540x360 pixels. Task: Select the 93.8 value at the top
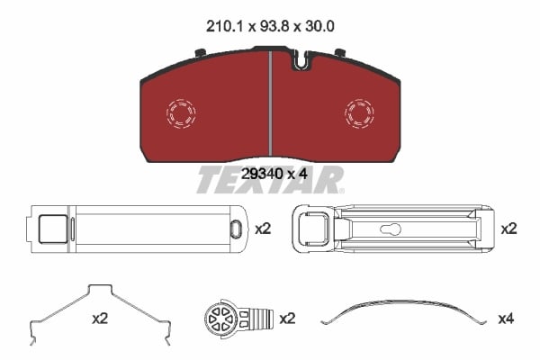[x=270, y=28]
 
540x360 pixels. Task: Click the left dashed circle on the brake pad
[x=181, y=112]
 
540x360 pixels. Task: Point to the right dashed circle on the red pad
[x=360, y=112]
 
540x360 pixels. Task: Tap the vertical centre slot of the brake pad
[x=270, y=103]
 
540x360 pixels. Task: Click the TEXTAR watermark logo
[x=270, y=180]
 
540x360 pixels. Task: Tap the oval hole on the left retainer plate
[x=236, y=229]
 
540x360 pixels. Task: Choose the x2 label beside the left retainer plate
[x=263, y=229]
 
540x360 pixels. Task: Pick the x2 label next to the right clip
[x=509, y=229]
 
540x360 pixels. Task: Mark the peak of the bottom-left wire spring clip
[x=98, y=289]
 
